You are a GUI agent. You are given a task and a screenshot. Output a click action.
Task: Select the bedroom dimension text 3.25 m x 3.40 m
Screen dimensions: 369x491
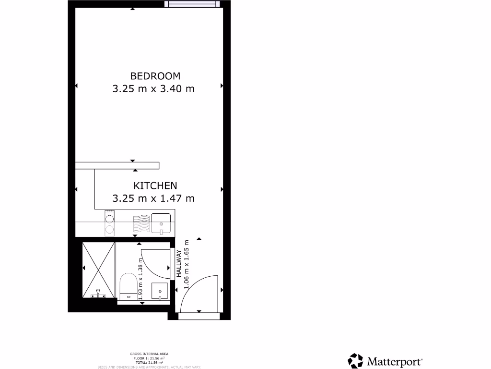point(153,89)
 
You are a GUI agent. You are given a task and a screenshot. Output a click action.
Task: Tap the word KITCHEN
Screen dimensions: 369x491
point(155,185)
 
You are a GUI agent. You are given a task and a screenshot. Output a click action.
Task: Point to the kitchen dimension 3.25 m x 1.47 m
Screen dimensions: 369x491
point(153,198)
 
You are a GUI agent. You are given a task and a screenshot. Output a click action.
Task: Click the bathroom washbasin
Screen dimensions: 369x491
point(159,291)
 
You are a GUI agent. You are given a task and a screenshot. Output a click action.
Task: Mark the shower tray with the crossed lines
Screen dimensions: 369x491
point(98,269)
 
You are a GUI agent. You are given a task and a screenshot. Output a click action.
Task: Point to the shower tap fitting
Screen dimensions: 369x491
point(98,293)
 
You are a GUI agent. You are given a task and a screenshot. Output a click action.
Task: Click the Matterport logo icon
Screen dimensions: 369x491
point(355,361)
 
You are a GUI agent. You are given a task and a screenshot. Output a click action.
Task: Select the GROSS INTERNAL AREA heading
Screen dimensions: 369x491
point(149,354)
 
